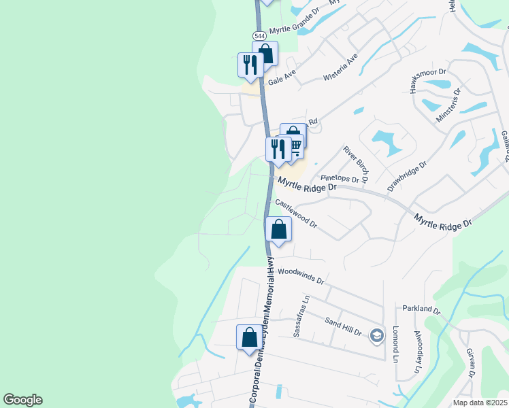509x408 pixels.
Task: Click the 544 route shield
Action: [x=259, y=35]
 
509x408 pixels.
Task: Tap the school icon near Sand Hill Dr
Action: [x=376, y=335]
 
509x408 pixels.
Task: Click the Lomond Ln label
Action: [x=395, y=343]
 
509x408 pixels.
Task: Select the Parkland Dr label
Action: [x=422, y=309]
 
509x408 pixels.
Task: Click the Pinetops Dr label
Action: [x=339, y=178]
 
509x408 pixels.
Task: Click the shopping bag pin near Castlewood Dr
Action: [x=278, y=228]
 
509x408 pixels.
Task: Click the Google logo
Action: [x=22, y=400]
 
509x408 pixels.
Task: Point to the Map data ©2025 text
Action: [x=479, y=403]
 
